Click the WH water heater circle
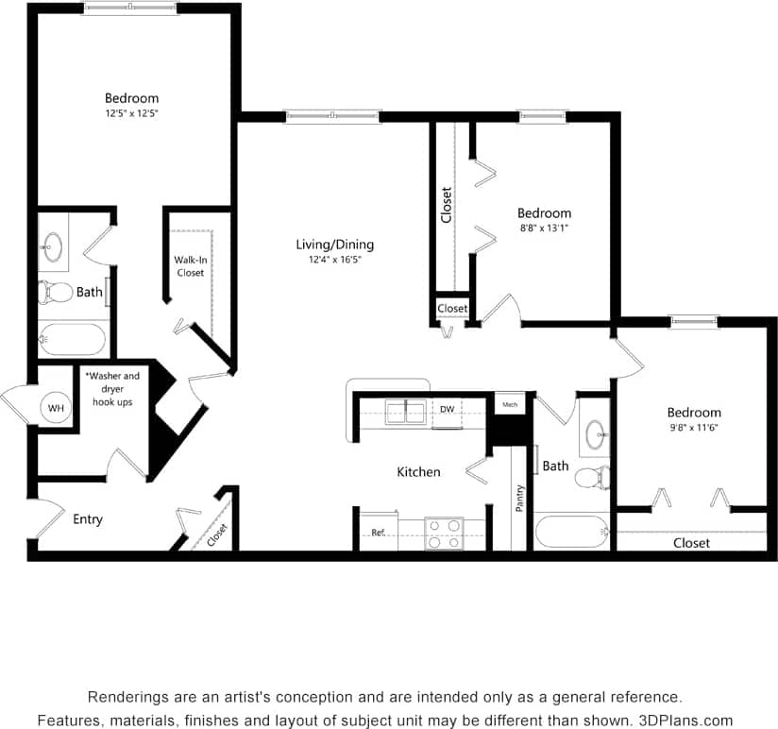coord(56,409)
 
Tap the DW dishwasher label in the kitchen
coord(448,409)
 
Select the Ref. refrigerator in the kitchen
coord(378,533)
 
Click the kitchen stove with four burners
coord(442,533)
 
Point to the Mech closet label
coord(510,404)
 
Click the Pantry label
coord(519,499)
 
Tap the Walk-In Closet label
coord(190,266)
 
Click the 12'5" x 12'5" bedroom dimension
coord(131,113)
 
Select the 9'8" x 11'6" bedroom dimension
coord(694,428)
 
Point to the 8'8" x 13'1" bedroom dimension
coord(544,228)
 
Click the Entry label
coord(88,519)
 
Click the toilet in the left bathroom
coord(56,293)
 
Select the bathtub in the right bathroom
coord(572,532)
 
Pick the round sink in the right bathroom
coord(597,435)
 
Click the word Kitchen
coord(418,471)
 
